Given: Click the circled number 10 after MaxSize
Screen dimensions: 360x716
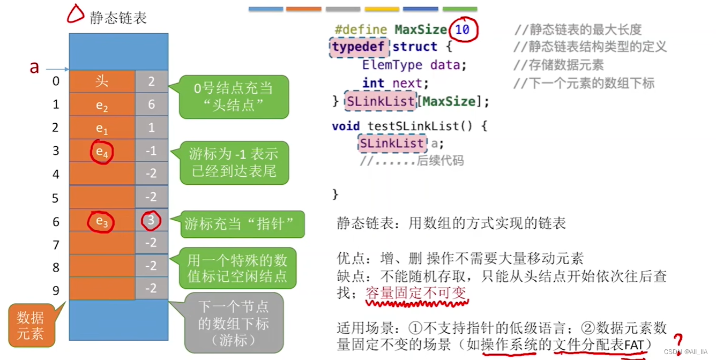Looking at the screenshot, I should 463,29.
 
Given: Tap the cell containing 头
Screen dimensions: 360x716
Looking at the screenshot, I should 102,81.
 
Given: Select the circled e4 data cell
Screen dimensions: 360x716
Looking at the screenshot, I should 102,152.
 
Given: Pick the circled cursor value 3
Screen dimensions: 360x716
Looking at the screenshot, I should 151,221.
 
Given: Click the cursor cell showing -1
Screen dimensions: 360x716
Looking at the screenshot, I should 151,151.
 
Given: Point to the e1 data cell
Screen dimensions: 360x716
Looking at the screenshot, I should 102,128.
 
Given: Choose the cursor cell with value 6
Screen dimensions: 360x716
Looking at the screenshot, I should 151,104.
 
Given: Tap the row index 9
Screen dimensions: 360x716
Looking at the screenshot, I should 56,291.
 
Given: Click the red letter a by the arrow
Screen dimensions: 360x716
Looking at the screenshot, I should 34,67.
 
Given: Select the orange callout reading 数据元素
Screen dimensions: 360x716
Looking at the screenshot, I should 30,325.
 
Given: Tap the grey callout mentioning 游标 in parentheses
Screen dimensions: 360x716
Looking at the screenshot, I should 234,323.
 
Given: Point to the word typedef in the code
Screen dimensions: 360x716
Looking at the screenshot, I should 358,47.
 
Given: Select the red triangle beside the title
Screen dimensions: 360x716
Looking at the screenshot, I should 76,14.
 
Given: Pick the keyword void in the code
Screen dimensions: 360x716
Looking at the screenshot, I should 346,126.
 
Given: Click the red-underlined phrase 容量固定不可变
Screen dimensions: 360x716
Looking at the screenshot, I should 416,293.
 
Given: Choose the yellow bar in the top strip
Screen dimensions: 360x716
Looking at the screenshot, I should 382,9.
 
